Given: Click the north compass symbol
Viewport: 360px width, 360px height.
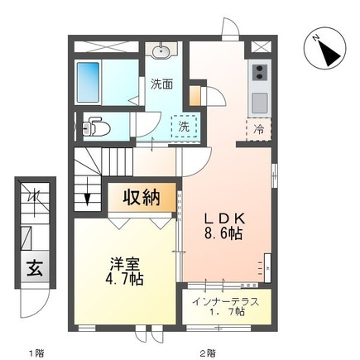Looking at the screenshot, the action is (324, 48).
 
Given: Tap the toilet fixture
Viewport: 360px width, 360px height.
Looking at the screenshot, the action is (95, 127).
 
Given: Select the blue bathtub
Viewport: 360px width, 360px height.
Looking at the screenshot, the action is (88, 82).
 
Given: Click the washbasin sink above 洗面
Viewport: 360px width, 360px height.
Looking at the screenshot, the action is (161, 51).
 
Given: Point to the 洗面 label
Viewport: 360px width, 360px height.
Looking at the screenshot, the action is (161, 84).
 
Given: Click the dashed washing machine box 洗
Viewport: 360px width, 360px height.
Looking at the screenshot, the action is (185, 126).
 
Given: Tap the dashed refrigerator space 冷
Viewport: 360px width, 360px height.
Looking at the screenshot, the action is (259, 129).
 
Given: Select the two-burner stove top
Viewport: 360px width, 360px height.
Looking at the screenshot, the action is (260, 72).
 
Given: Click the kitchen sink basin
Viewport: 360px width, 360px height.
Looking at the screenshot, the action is (259, 103).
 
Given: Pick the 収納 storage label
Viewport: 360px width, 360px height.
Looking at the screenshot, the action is (142, 198).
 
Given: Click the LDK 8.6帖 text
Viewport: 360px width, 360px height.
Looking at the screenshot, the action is (223, 227).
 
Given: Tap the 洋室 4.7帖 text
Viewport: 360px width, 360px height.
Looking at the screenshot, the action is (124, 271).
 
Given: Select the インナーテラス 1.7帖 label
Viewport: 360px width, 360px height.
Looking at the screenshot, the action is (226, 306).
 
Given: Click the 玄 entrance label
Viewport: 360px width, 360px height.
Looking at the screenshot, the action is (35, 268).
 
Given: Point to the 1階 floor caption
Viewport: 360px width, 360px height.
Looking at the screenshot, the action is (37, 353).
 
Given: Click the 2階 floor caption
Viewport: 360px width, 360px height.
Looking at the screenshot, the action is (208, 353).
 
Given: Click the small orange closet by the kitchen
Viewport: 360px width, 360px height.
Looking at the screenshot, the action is (194, 95).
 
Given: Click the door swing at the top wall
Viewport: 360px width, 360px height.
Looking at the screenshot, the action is (230, 26).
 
